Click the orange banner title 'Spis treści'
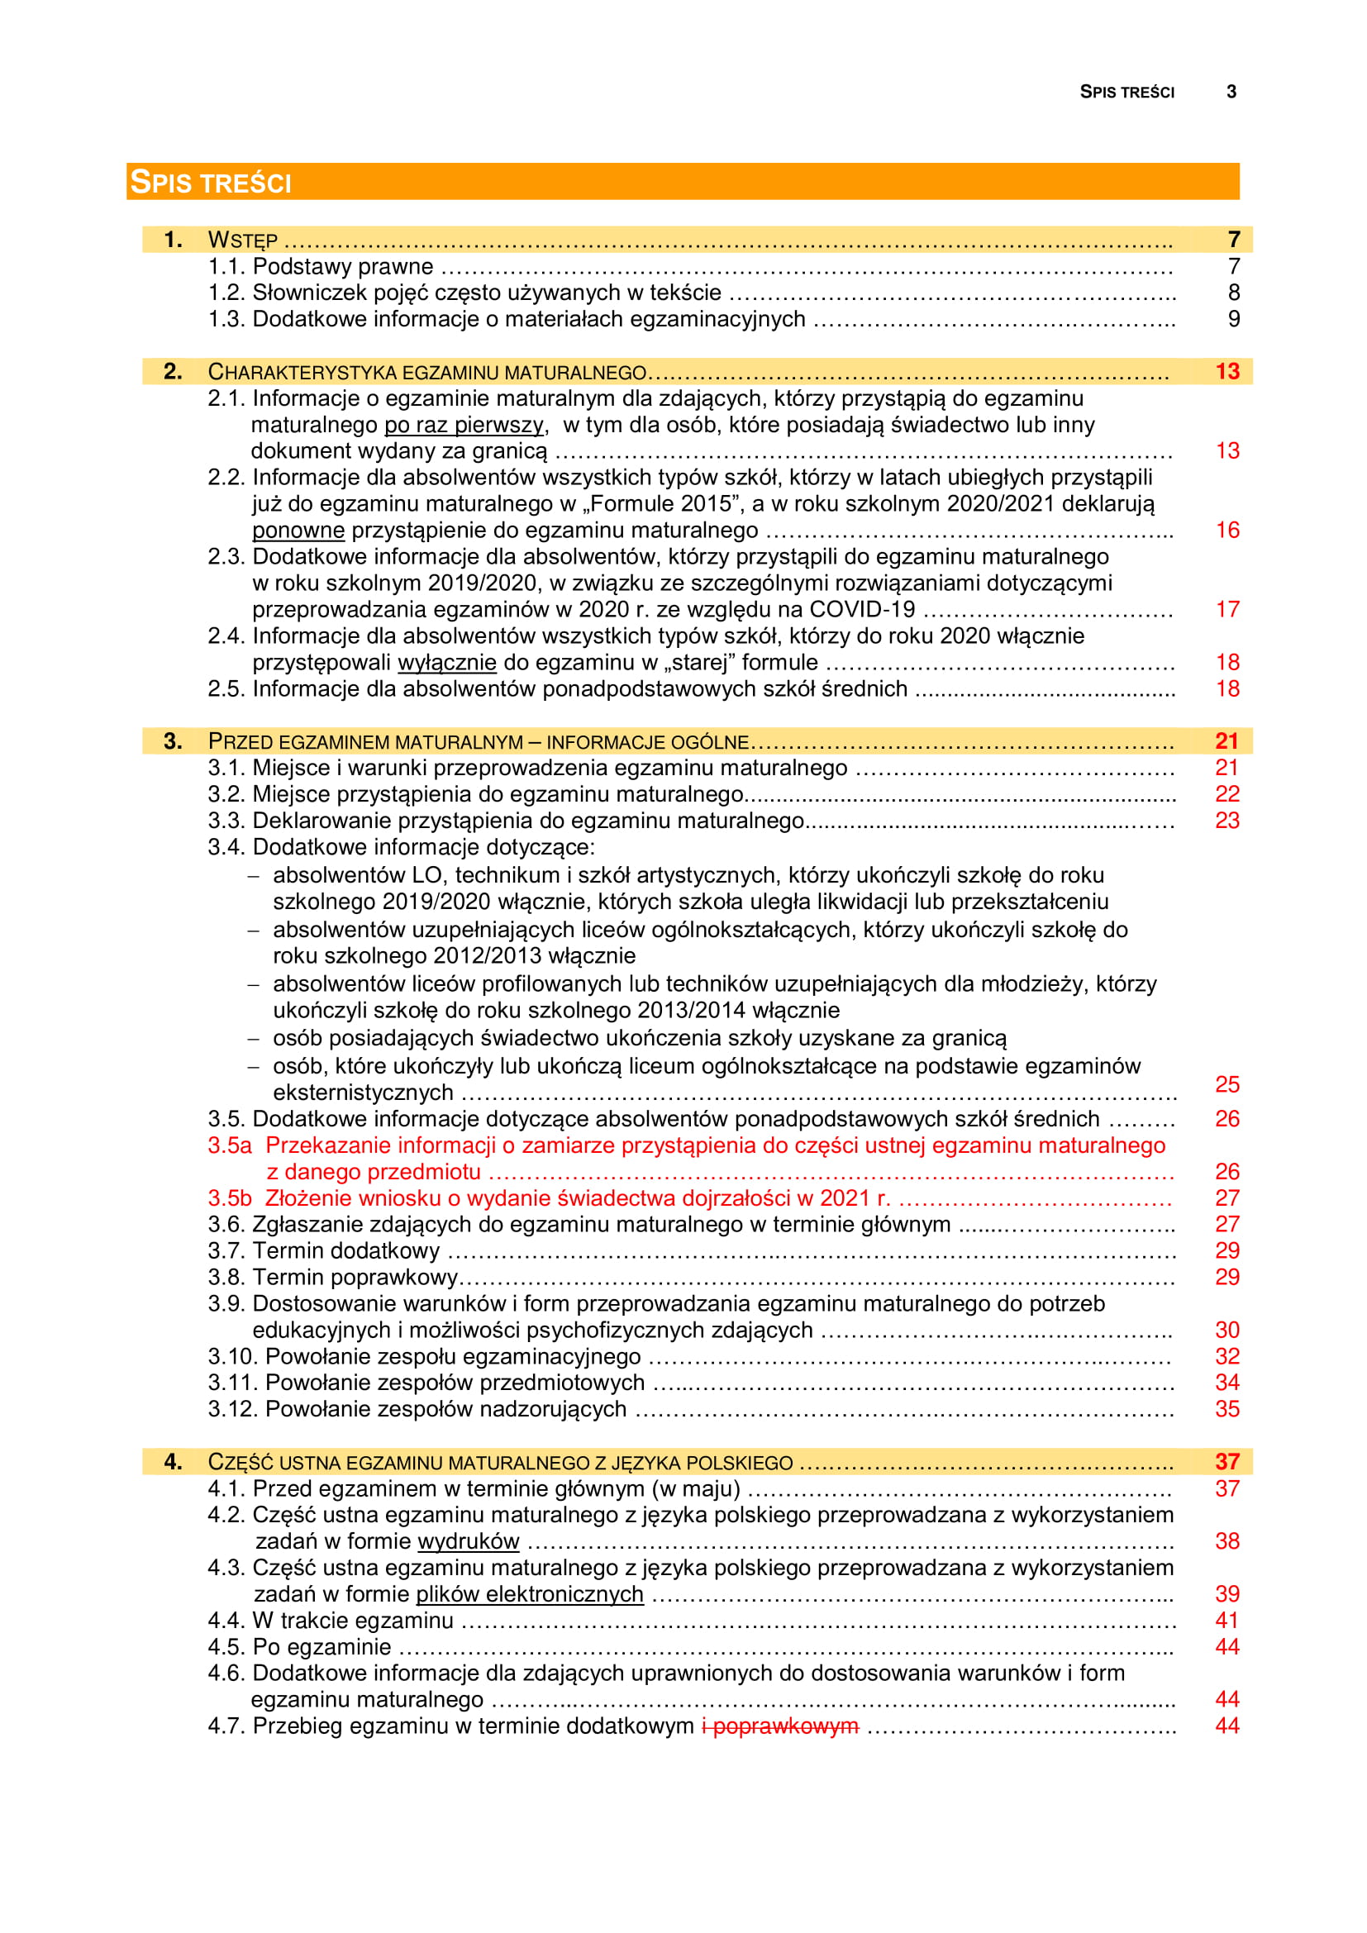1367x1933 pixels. (x=211, y=182)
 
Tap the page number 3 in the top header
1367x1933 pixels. (x=1231, y=92)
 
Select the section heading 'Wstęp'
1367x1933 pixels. (x=242, y=240)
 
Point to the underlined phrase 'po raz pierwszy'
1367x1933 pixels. (x=464, y=424)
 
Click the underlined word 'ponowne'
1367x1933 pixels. (x=298, y=531)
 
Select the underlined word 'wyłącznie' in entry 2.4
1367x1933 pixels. (x=446, y=663)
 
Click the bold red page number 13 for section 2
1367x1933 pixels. (x=1227, y=371)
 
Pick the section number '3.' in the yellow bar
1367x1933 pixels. (x=173, y=740)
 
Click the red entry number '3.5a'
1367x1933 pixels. (x=230, y=1145)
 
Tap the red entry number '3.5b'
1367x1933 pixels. (x=230, y=1198)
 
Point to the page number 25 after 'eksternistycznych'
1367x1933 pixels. (x=1227, y=1084)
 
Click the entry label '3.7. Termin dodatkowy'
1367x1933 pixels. (x=324, y=1251)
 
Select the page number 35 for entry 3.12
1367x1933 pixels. (x=1227, y=1409)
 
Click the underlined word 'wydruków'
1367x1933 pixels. (x=468, y=1541)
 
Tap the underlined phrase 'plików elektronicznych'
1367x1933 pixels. (x=530, y=1594)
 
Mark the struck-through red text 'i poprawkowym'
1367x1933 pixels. (x=780, y=1726)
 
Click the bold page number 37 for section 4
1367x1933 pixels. (x=1227, y=1462)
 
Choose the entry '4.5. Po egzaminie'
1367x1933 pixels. (x=300, y=1647)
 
